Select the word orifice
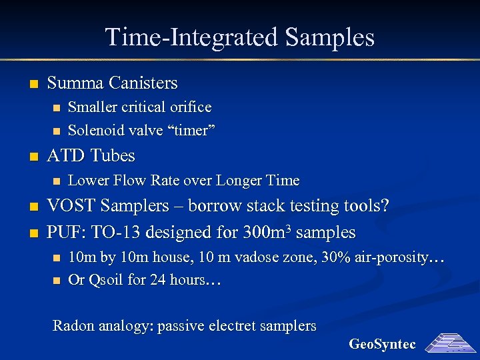[x=190, y=107]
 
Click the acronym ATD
[x=65, y=156]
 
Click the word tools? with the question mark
[x=363, y=206]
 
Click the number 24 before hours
[x=158, y=280]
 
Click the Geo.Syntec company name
[x=382, y=345]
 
